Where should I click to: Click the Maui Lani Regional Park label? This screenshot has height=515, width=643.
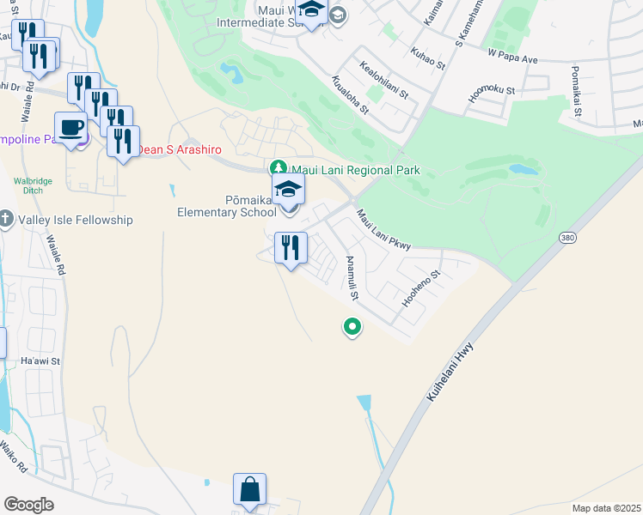355,170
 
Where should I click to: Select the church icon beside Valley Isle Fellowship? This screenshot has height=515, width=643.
5,220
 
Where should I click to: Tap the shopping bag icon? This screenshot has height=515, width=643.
249,490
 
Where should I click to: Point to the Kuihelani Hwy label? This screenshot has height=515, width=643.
450,364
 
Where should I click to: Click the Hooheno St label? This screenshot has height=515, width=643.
421,289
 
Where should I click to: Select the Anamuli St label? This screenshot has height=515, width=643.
351,276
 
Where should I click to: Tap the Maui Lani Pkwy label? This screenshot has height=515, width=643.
383,230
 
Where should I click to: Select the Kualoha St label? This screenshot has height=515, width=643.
348,94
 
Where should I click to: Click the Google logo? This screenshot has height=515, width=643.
29,504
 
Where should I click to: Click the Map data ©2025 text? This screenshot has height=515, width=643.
606,508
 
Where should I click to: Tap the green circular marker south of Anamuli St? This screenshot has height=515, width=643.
352,326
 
